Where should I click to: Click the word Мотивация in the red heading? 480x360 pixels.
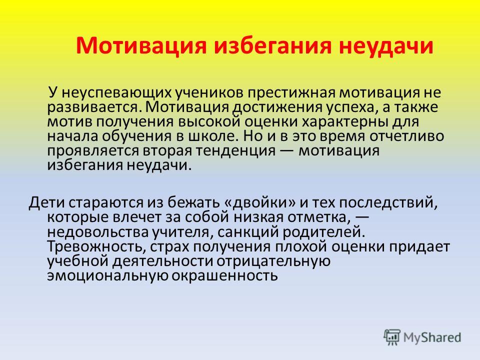pyautogui.click(x=141, y=45)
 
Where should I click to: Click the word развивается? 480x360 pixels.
pyautogui.click(x=94, y=107)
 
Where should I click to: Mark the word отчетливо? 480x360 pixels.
pyautogui.click(x=406, y=136)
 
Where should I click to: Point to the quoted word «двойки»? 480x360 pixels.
pyautogui.click(x=260, y=202)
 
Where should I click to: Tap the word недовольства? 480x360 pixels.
pyautogui.click(x=98, y=231)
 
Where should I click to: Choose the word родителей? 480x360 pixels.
pyautogui.click(x=324, y=231)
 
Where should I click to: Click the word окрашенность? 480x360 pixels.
pyautogui.click(x=224, y=276)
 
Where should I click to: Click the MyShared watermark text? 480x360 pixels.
pyautogui.click(x=432, y=337)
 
